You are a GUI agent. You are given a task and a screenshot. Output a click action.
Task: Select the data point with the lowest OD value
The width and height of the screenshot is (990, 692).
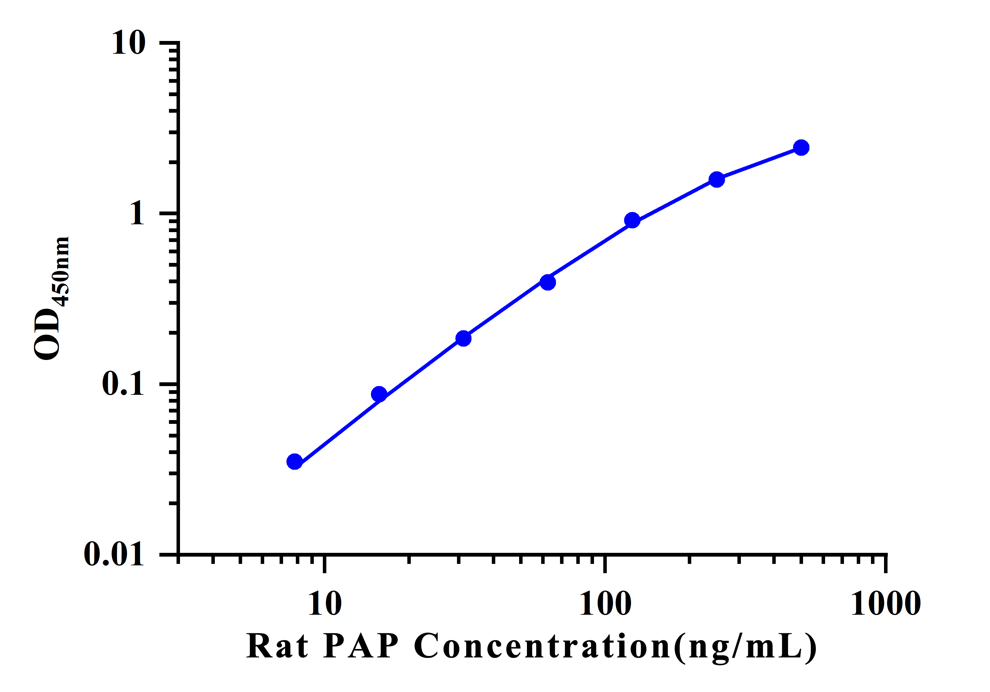click(x=294, y=462)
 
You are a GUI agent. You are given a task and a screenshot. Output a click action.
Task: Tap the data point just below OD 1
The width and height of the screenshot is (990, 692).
click(x=632, y=220)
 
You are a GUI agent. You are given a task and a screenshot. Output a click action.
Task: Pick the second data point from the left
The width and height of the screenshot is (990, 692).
click(x=379, y=394)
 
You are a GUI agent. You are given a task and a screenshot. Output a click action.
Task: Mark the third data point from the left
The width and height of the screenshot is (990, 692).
click(x=463, y=339)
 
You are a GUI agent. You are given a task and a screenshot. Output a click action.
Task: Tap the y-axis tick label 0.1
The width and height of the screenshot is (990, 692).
click(x=123, y=383)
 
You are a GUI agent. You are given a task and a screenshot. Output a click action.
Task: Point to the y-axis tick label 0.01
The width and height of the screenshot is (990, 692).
click(x=114, y=554)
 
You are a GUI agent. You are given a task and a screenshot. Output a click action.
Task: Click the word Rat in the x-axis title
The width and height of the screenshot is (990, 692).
click(x=278, y=646)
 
